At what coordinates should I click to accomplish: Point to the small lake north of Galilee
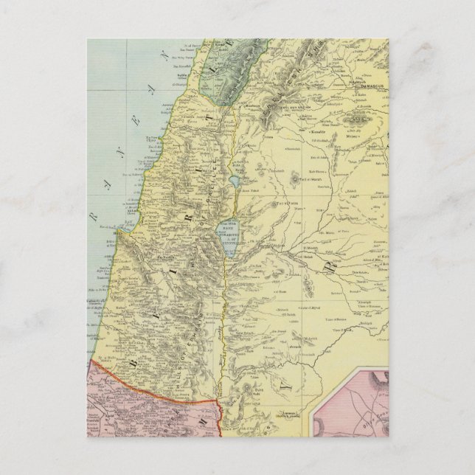click(235, 179)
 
